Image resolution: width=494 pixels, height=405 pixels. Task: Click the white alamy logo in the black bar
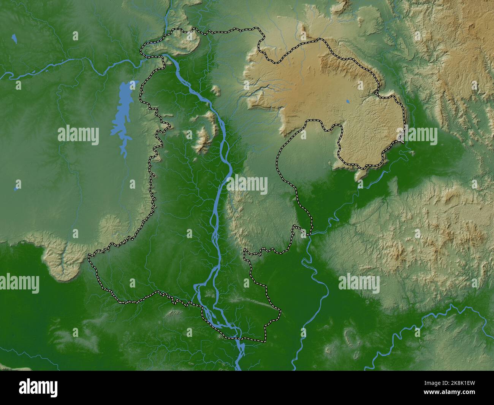[x=38, y=388]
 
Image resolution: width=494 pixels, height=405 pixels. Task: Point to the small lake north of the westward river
[x=14, y=38]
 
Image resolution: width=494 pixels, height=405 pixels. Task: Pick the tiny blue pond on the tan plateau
[x=347, y=102]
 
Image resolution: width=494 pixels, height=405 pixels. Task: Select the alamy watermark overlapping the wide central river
[x=247, y=185]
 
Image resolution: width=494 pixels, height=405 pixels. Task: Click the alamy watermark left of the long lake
[x=78, y=135]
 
